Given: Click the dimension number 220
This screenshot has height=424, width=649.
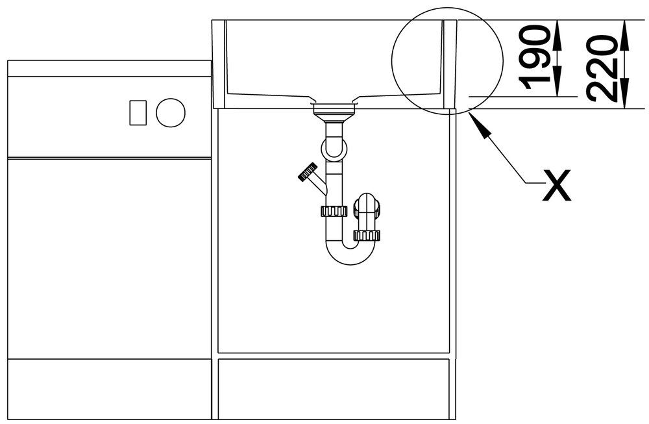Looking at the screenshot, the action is tap(602, 69).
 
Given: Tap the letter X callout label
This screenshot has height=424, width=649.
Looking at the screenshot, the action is tap(557, 185).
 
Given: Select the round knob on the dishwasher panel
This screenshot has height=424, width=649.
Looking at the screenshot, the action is tap(171, 112).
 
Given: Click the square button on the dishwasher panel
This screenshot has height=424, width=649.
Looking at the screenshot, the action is tap(138, 112).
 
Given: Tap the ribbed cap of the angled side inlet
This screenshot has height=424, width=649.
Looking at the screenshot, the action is tap(308, 172).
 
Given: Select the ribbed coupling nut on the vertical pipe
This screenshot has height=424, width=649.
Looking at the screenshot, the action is tap(334, 211).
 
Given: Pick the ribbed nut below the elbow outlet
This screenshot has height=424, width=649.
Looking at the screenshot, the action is tap(367, 236).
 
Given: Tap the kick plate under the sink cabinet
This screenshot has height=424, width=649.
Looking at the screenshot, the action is tap(334, 389).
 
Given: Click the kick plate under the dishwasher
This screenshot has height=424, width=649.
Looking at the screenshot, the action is tap(110, 389).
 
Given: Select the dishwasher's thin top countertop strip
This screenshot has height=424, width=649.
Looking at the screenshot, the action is tap(110, 68).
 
